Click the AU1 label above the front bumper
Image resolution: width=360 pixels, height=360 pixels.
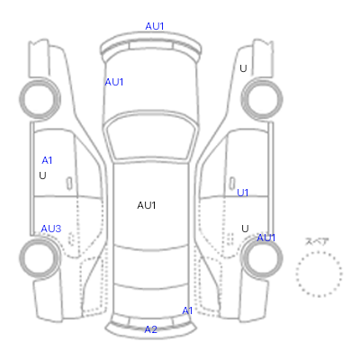155,26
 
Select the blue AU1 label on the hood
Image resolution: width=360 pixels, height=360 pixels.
114,82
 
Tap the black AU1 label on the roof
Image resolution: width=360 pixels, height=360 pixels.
147,205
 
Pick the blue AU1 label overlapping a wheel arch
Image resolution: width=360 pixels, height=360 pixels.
266,238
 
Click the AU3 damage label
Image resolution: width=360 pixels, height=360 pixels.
51,229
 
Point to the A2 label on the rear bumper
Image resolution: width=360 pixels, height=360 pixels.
150,329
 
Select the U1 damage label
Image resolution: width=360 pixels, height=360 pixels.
243,193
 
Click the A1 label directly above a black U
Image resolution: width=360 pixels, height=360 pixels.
47,160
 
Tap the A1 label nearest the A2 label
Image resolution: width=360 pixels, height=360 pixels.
187,310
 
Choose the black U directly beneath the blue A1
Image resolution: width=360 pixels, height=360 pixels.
42,175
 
